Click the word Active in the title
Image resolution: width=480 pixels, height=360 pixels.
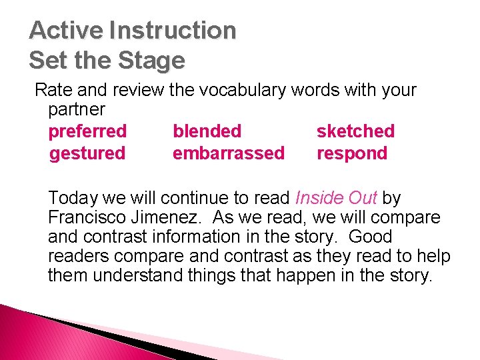(67, 31)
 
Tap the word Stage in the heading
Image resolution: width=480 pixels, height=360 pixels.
(152, 61)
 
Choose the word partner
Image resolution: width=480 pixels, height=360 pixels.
(77, 109)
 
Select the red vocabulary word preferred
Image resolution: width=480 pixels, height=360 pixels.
(87, 131)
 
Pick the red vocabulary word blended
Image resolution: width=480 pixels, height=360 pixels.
(207, 131)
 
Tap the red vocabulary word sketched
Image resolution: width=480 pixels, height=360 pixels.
(355, 131)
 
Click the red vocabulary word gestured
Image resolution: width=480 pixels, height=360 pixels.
(87, 153)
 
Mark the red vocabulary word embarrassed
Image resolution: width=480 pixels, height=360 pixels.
(228, 153)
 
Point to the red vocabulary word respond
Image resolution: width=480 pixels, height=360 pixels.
(352, 153)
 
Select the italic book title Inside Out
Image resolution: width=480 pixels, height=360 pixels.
(336, 198)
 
